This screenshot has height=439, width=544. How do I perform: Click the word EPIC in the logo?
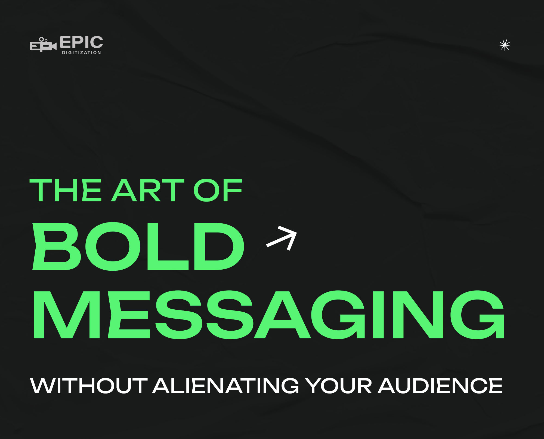[x=81, y=42]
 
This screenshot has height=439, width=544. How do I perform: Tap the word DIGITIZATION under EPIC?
[x=82, y=53]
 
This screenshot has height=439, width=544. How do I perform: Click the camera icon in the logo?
[x=43, y=44]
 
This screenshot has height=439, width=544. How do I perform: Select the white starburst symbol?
[x=505, y=45]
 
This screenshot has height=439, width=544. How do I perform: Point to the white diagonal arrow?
[x=282, y=238]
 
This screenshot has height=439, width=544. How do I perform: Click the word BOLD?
[x=138, y=246]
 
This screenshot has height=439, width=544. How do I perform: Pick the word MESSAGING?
[x=269, y=315]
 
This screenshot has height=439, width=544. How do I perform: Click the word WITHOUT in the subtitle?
[x=89, y=386]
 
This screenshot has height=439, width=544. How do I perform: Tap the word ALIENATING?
[x=225, y=386]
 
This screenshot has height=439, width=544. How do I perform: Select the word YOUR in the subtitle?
[x=338, y=386]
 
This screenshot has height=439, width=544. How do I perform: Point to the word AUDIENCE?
[x=440, y=386]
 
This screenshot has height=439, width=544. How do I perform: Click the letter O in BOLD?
[x=113, y=246]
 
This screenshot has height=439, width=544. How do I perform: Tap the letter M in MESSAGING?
[x=67, y=315]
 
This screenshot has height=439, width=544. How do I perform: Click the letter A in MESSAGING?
[x=282, y=315]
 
